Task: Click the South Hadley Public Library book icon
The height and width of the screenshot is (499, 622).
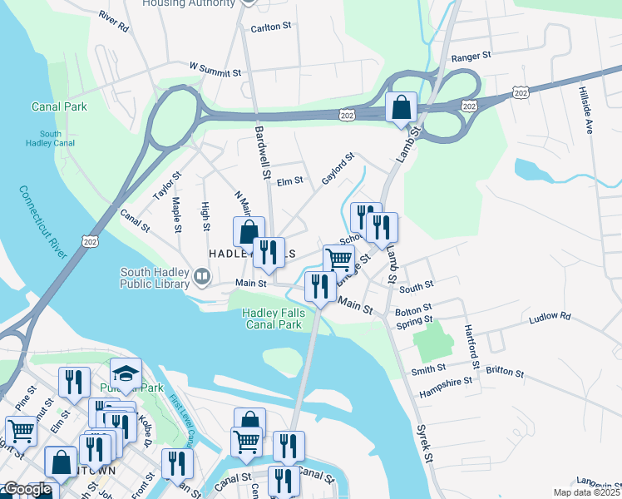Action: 201,275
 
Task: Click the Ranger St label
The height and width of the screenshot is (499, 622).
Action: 472,58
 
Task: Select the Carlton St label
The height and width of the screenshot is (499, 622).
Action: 270,27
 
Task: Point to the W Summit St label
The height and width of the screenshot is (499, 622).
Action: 215,68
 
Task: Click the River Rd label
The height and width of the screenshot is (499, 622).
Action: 113,22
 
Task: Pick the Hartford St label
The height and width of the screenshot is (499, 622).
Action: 472,346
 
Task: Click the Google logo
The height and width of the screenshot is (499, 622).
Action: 28,490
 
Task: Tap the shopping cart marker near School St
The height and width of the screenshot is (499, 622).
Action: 338,259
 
